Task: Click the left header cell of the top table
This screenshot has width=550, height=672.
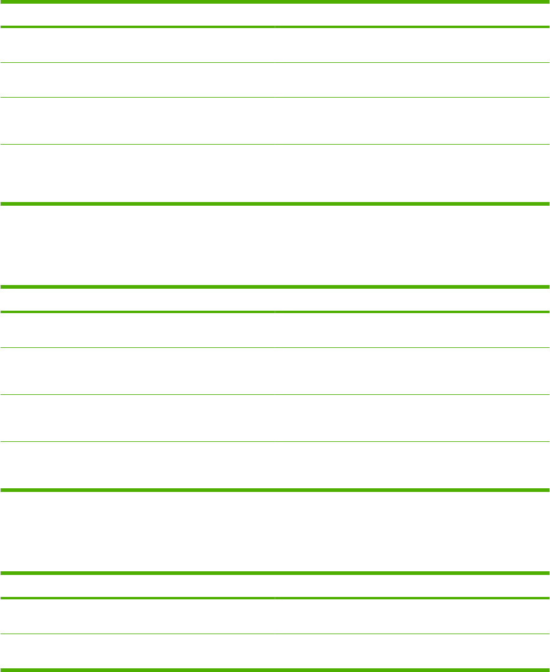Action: point(137,15)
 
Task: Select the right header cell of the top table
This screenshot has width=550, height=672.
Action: point(412,15)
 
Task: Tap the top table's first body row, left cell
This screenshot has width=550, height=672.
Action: point(137,45)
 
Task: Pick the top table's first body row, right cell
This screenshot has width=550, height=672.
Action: point(412,45)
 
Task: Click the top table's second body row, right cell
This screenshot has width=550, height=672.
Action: point(412,80)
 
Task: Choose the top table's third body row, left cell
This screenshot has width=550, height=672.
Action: point(137,121)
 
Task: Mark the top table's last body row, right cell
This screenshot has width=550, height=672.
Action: point(412,173)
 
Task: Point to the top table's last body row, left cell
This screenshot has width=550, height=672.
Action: point(137,173)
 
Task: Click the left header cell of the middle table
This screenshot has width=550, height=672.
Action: point(137,300)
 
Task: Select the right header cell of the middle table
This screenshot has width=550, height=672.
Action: point(412,300)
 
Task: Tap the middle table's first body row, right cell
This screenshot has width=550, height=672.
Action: point(412,330)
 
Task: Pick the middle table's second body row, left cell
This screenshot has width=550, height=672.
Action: point(137,371)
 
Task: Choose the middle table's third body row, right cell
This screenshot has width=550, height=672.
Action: point(412,418)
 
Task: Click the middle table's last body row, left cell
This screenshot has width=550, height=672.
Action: point(137,465)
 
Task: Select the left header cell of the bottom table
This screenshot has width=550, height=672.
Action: point(137,586)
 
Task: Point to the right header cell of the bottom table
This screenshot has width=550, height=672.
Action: point(412,586)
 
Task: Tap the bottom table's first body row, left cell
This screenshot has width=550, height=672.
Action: point(137,616)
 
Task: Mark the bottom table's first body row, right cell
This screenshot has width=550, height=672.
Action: point(412,616)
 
